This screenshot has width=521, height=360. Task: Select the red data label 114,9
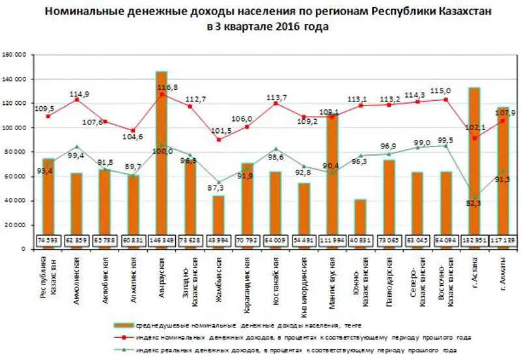(x=79, y=94)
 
